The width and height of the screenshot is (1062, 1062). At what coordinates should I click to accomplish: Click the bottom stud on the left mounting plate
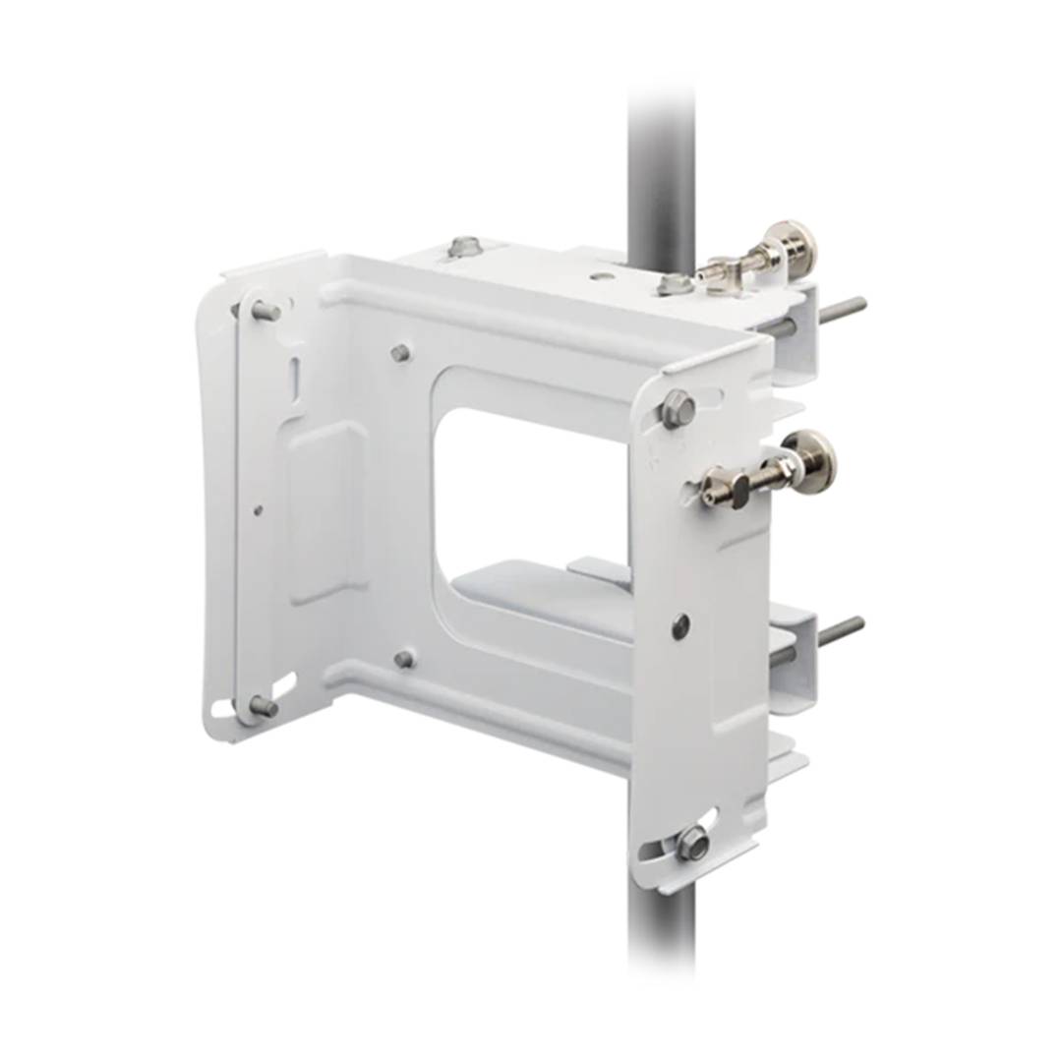[263, 705]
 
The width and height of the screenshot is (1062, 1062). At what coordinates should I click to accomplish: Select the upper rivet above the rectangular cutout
[400, 352]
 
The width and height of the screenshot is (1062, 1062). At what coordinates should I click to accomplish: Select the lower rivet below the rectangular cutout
[403, 659]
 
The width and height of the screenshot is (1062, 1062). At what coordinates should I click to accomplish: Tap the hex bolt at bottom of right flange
[692, 843]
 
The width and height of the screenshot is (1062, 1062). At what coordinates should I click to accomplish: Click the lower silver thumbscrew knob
[813, 460]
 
